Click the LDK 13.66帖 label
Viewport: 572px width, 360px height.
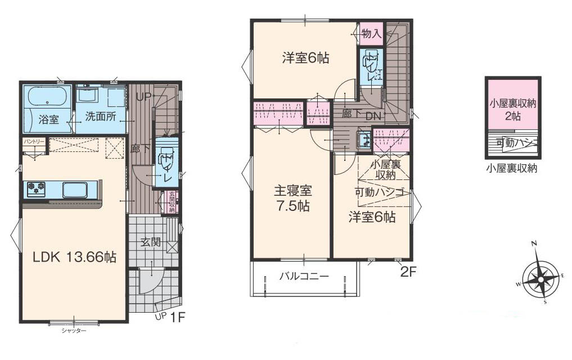[x=74, y=258]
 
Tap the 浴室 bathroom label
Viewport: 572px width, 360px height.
[x=48, y=119]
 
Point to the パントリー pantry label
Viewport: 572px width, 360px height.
[x=33, y=142]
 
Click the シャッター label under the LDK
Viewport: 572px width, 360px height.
[x=74, y=331]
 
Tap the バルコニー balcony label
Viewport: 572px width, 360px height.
[x=304, y=276]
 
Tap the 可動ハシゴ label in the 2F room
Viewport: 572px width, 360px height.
[x=380, y=192]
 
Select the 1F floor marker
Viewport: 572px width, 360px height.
[x=178, y=317]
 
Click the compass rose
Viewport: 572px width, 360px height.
[x=542, y=276]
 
